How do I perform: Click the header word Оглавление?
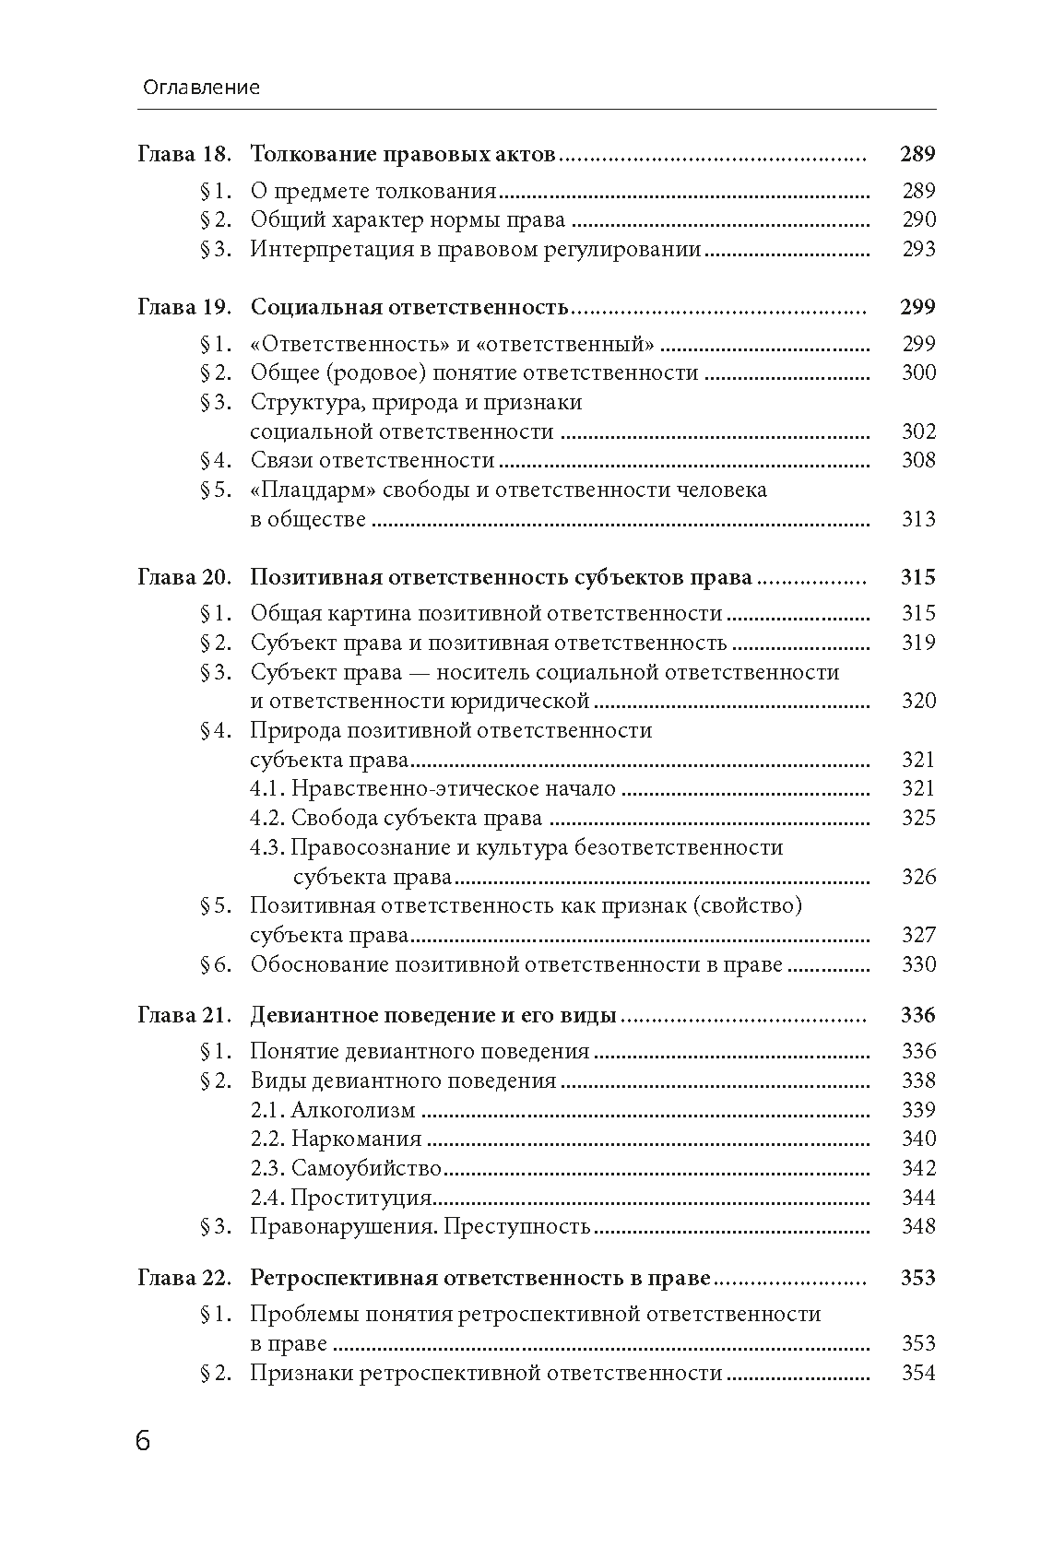click(202, 88)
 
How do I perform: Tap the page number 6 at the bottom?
click(143, 1441)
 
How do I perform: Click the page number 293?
click(918, 249)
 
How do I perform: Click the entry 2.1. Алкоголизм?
click(333, 1110)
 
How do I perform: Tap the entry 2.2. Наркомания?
click(336, 1140)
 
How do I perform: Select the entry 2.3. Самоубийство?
click(346, 1169)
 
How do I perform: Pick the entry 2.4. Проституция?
click(341, 1199)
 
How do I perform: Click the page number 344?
click(918, 1199)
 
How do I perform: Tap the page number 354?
click(918, 1374)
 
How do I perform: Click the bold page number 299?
click(917, 307)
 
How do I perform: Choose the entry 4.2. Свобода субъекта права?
click(396, 819)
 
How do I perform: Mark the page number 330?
click(918, 965)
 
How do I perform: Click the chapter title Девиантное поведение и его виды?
click(432, 1016)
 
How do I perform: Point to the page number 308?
click(918, 461)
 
